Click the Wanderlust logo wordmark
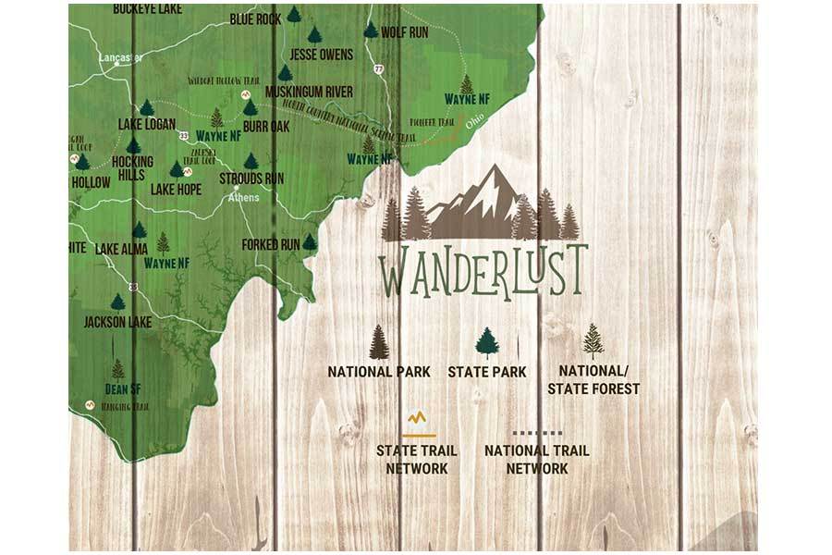pyautogui.click(x=483, y=269)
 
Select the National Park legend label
pyautogui.click(x=379, y=372)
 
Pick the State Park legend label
pyautogui.click(x=487, y=372)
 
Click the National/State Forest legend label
pyautogui.click(x=593, y=380)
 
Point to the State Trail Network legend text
pyautogui.click(x=417, y=460)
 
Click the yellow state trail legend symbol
pyautogui.click(x=418, y=424)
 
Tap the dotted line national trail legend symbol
pyautogui.click(x=537, y=432)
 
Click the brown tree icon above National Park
pyautogui.click(x=379, y=342)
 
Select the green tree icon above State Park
pyautogui.click(x=487, y=342)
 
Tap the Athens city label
pyautogui.click(x=244, y=197)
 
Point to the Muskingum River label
pyautogui.click(x=309, y=92)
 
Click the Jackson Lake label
pyautogui.click(x=117, y=322)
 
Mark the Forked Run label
pyautogui.click(x=271, y=244)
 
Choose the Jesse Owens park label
pyautogui.click(x=321, y=55)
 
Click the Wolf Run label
pyautogui.click(x=405, y=31)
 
